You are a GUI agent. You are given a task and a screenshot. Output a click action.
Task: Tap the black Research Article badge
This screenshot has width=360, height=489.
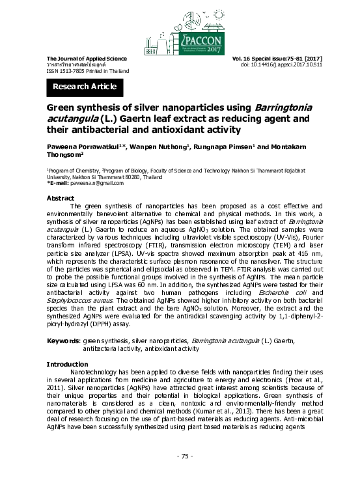coord(85,87)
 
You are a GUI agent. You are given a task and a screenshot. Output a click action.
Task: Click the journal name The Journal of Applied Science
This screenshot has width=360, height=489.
coord(82,59)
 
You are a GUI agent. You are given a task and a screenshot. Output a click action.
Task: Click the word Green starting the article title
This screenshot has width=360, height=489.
coord(61,107)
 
